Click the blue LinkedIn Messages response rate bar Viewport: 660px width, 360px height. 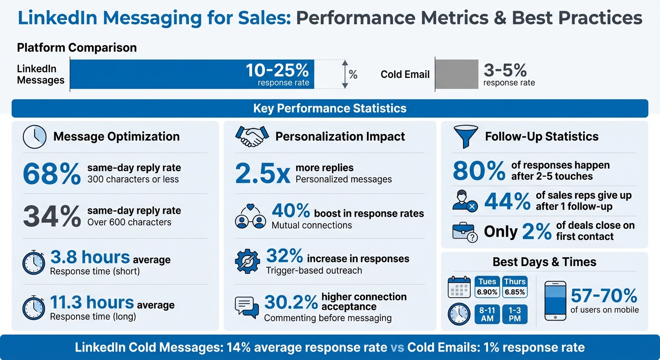pyautogui.click(x=192, y=74)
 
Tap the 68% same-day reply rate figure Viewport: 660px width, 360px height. pyautogui.click(x=52, y=174)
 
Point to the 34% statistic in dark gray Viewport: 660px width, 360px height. pyautogui.click(x=52, y=217)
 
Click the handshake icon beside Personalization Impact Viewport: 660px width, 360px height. pyautogui.click(x=252, y=136)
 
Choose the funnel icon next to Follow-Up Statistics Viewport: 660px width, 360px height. pyautogui.click(x=465, y=136)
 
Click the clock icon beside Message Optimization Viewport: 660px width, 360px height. pyautogui.click(x=35, y=136)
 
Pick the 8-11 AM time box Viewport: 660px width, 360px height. pyautogui.click(x=487, y=315)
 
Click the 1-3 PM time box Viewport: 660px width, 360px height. pyautogui.click(x=515, y=315)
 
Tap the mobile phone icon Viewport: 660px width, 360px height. pyautogui.click(x=555, y=300)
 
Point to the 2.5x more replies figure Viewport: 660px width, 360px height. pyautogui.click(x=262, y=174)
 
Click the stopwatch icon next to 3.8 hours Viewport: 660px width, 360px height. pyautogui.click(x=34, y=263)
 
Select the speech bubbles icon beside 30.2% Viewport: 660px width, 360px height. pyautogui.click(x=247, y=307)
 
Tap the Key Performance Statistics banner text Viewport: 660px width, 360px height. pyautogui.click(x=330, y=109)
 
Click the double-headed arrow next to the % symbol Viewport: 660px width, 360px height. pyautogui.click(x=345, y=74)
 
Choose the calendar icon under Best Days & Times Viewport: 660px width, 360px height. pyautogui.click(x=459, y=287)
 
